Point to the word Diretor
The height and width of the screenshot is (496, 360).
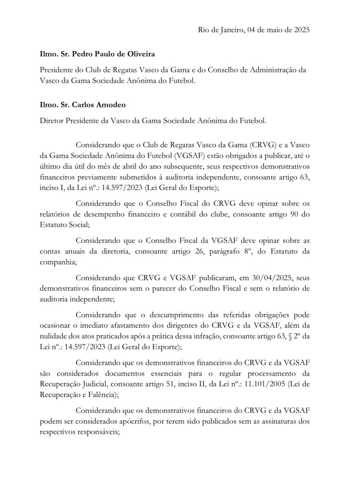point(52,121)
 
